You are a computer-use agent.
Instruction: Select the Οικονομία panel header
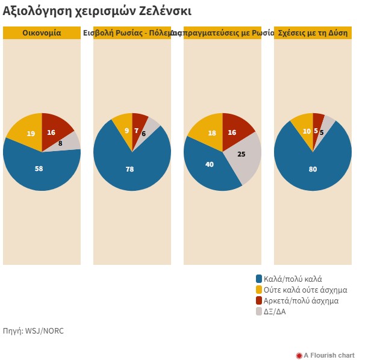(42, 33)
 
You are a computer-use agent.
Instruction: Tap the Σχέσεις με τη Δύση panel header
(313, 33)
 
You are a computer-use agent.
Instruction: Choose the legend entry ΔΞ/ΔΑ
(275, 311)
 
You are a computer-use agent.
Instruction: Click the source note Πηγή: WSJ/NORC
(33, 331)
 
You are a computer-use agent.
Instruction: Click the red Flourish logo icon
(299, 355)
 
